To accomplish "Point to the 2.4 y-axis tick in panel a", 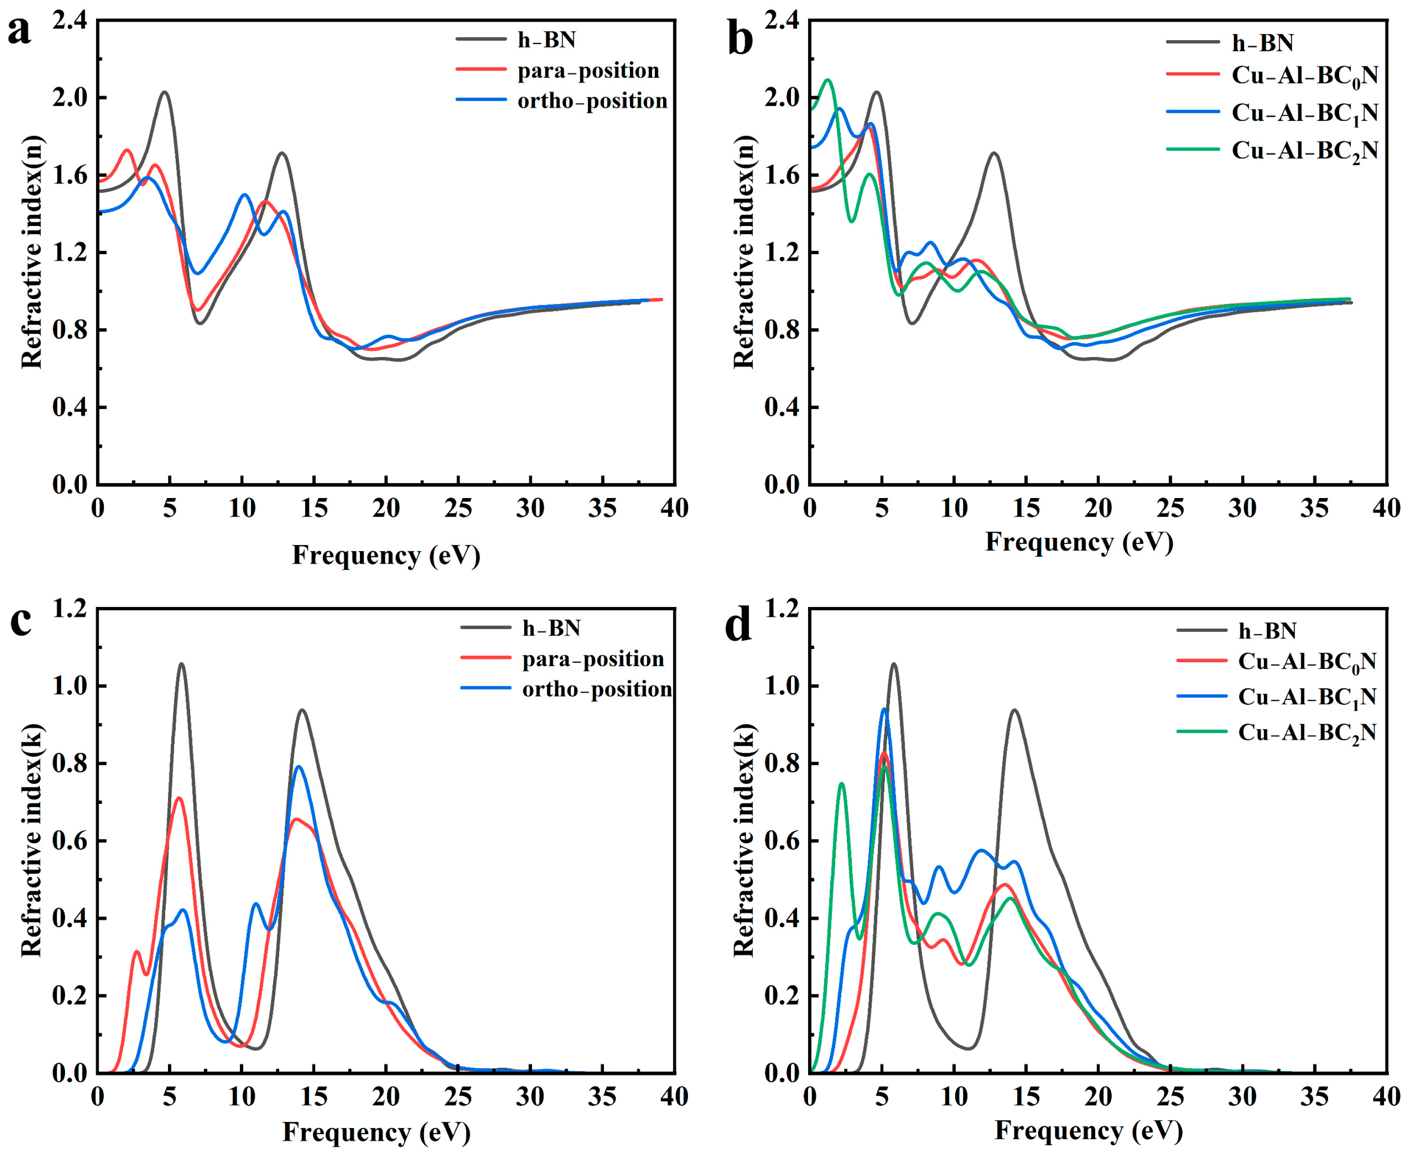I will (70, 21).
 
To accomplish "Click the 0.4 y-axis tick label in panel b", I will (782, 407).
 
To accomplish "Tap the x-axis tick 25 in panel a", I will (458, 509).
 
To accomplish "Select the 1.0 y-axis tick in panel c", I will (70, 686).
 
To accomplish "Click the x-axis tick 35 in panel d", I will (1314, 1097).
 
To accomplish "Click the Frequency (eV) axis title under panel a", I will (386, 555).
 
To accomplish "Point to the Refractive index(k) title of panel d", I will (745, 841).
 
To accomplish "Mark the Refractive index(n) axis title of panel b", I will (745, 253).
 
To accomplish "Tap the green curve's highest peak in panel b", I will (827, 80).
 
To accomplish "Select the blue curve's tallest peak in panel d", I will (884, 709).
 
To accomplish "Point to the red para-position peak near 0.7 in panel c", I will (178, 797).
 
